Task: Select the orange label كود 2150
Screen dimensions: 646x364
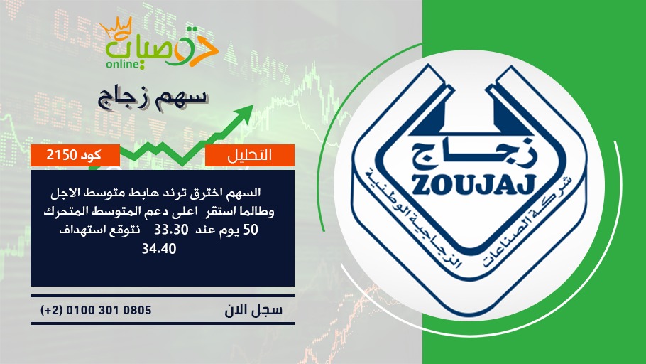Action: click(75, 155)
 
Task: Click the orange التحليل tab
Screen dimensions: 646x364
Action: click(250, 155)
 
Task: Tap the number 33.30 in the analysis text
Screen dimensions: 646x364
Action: click(171, 230)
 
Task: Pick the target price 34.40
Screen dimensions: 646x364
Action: click(159, 248)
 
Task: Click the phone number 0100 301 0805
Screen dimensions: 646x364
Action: click(109, 310)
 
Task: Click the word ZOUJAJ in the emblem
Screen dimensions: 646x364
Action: click(473, 184)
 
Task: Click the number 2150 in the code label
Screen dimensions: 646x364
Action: click(62, 155)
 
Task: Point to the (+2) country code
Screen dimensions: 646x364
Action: click(52, 310)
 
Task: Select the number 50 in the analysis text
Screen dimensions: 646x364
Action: click(251, 230)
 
